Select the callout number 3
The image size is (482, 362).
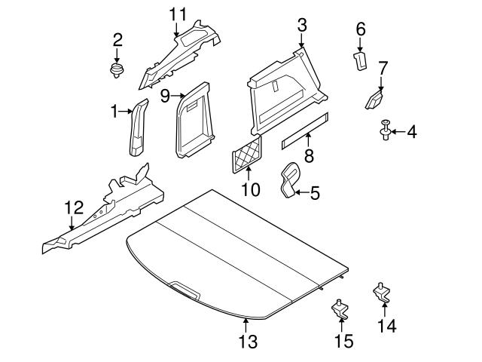point(301,25)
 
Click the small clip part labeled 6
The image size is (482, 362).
point(360,60)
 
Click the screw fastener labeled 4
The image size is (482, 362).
point(385,133)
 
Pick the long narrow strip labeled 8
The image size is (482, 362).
point(306,130)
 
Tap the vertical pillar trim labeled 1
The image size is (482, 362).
point(138,128)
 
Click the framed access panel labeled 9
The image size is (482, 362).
point(194,118)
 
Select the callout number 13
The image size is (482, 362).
point(247,342)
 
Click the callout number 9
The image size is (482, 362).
point(164,96)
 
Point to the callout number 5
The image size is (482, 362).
point(315,193)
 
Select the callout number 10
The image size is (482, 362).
point(249,189)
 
